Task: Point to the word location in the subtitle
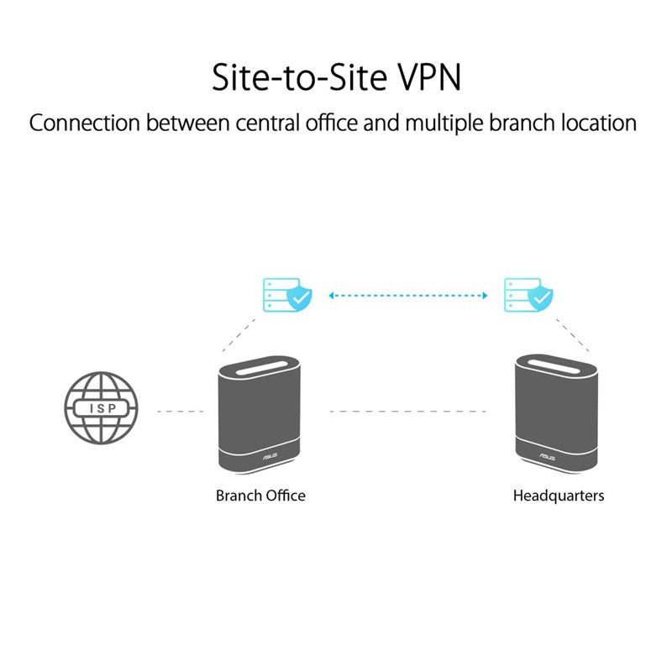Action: click(x=595, y=123)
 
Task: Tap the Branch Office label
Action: click(x=260, y=496)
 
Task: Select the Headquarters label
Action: click(x=558, y=496)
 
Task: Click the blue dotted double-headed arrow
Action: click(x=408, y=296)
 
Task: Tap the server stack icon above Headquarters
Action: click(x=516, y=294)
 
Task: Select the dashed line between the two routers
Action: click(x=408, y=412)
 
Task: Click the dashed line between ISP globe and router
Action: click(x=180, y=412)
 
